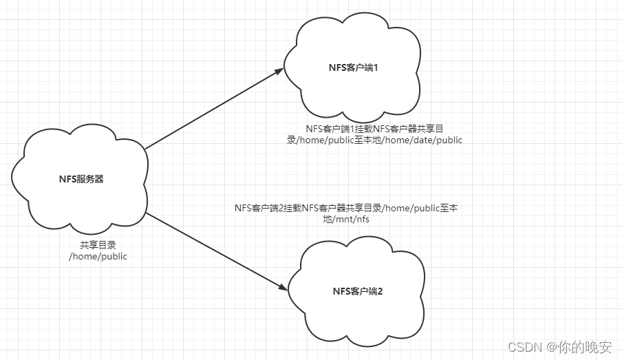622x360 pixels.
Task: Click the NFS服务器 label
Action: (x=81, y=180)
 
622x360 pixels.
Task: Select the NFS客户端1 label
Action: (x=354, y=67)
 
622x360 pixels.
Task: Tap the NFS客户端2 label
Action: (x=357, y=291)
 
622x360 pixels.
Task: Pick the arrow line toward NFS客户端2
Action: (x=213, y=251)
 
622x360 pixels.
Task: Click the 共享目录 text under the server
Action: (x=94, y=245)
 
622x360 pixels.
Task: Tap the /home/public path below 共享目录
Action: (x=98, y=256)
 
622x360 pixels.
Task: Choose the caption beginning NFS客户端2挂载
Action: (x=345, y=213)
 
